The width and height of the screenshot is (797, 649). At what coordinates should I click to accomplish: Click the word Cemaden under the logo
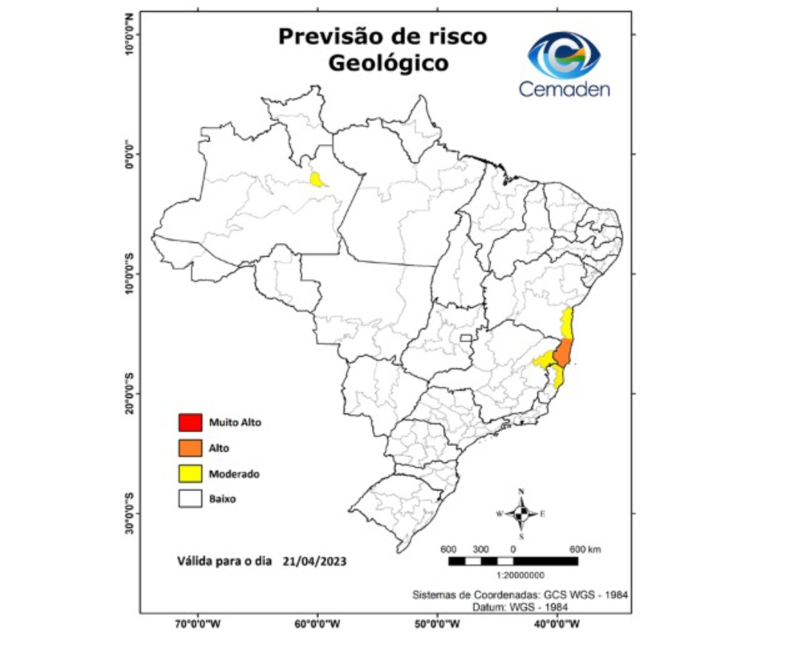pyautogui.click(x=564, y=89)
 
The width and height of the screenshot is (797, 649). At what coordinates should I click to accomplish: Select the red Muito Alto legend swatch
pyautogui.click(x=190, y=423)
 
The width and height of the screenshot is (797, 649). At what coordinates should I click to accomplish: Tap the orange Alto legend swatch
pyautogui.click(x=190, y=448)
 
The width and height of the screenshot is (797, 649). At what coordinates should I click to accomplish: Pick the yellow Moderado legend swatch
pyautogui.click(x=190, y=474)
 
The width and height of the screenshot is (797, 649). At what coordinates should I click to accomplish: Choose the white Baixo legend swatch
pyautogui.click(x=190, y=499)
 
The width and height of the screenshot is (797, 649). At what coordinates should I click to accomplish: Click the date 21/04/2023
pyautogui.click(x=314, y=561)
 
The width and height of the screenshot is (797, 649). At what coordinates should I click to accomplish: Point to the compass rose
pyautogui.click(x=521, y=513)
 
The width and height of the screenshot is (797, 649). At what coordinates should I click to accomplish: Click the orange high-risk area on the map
pyautogui.click(x=562, y=354)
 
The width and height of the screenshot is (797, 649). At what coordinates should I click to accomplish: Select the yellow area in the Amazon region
pyautogui.click(x=317, y=179)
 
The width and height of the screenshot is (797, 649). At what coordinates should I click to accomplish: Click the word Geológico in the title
pyautogui.click(x=388, y=63)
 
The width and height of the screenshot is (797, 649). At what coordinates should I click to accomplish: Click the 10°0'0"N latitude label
pyautogui.click(x=132, y=33)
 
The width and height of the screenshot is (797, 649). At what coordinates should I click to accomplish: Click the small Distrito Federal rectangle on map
pyautogui.click(x=465, y=338)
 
